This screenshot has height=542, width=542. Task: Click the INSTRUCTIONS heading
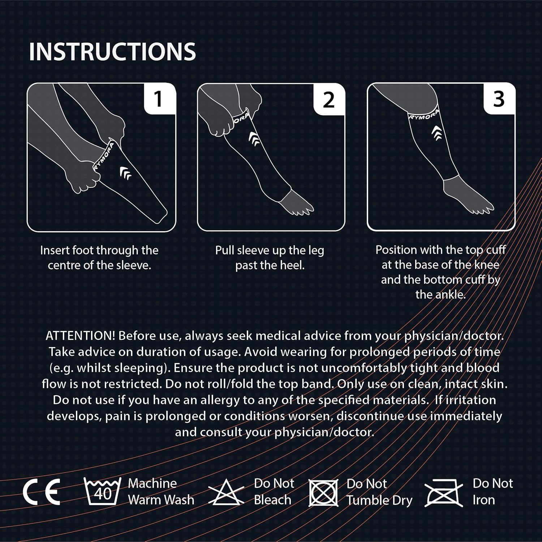[x=112, y=52]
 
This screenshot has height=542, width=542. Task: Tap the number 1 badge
[x=158, y=99]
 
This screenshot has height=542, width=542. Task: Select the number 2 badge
[x=328, y=100]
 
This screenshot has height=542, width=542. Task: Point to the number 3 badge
[x=499, y=99]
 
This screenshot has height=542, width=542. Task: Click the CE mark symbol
[x=42, y=492]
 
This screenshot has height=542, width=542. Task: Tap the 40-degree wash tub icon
[x=103, y=491]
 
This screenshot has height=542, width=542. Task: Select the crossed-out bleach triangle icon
[x=226, y=492]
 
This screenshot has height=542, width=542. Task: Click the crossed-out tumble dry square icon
[x=323, y=492]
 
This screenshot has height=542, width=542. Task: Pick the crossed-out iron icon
[x=444, y=493]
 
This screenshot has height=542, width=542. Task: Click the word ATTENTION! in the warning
[x=80, y=336]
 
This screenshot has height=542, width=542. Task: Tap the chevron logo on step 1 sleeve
[x=125, y=173]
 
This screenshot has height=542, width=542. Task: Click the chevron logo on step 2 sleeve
[x=254, y=139]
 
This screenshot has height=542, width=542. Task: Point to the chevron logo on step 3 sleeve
[x=437, y=133]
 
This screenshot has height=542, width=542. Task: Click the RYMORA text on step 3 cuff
[x=423, y=115]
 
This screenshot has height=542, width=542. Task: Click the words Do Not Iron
[x=492, y=492]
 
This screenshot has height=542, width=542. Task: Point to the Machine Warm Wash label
[x=161, y=492]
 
